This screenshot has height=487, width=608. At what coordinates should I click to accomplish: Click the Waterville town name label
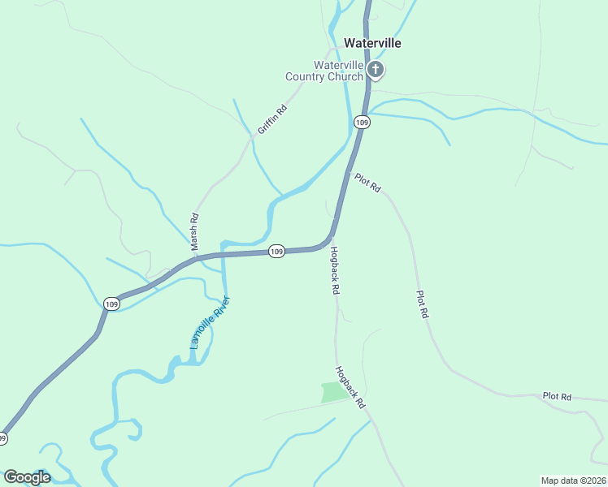click(372, 43)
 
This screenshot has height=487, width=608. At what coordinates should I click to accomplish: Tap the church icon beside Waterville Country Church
click(375, 70)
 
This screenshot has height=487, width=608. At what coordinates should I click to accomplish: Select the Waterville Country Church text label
click(324, 71)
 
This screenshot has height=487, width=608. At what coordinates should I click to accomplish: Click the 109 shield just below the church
click(362, 122)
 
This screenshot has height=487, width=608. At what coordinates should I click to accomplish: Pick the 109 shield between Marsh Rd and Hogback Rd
click(276, 252)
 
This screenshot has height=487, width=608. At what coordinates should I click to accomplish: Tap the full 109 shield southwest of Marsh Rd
click(112, 304)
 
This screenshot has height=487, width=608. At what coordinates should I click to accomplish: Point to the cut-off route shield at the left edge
click(3, 438)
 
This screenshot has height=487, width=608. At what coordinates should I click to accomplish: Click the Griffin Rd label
click(272, 120)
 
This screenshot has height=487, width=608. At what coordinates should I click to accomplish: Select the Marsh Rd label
click(194, 231)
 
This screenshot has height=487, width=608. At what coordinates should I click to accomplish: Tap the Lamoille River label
click(210, 322)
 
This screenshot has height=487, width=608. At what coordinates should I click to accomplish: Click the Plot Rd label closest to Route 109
click(367, 183)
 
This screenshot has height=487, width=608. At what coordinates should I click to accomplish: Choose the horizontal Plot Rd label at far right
click(558, 397)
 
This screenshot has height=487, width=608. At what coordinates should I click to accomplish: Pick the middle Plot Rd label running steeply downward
click(421, 304)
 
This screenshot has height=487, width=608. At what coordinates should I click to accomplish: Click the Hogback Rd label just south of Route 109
click(334, 270)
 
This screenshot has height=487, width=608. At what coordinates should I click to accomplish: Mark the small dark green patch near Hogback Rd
click(334, 393)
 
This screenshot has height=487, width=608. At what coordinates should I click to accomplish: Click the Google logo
click(27, 477)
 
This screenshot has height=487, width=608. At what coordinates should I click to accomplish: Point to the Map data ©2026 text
click(573, 480)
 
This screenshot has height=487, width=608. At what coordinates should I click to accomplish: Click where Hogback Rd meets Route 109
click(331, 238)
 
